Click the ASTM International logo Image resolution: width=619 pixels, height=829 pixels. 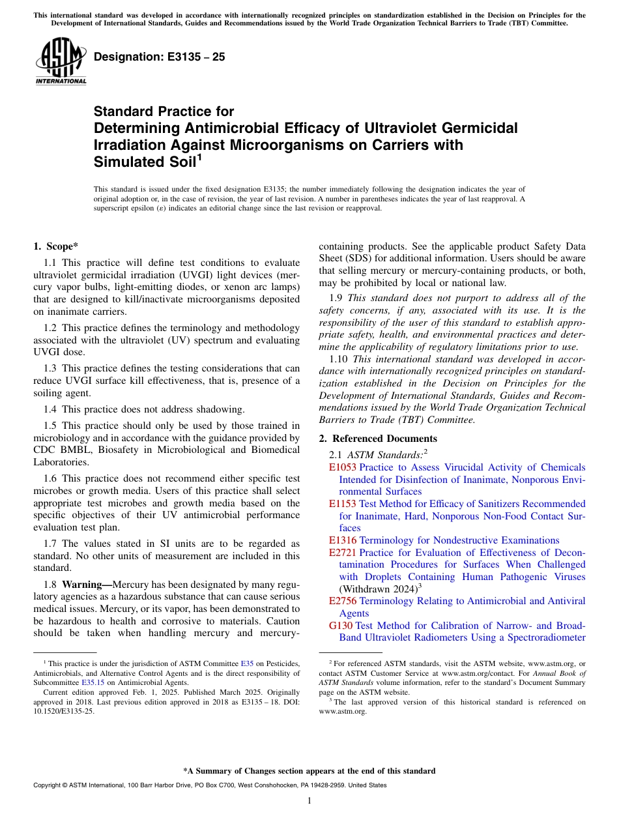point(61,61)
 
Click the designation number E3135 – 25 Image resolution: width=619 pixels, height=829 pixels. point(160,57)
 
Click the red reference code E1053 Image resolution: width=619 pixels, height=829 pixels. point(343,467)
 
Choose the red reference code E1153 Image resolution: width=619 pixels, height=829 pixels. point(343,504)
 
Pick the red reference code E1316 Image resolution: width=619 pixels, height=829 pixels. point(343,540)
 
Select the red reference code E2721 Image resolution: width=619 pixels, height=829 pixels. point(343,553)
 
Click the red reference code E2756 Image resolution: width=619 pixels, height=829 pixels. point(343,601)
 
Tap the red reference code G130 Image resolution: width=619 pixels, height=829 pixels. point(341,626)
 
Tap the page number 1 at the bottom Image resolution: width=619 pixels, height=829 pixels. point(309,800)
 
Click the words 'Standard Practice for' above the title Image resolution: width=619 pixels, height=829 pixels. point(164,111)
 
